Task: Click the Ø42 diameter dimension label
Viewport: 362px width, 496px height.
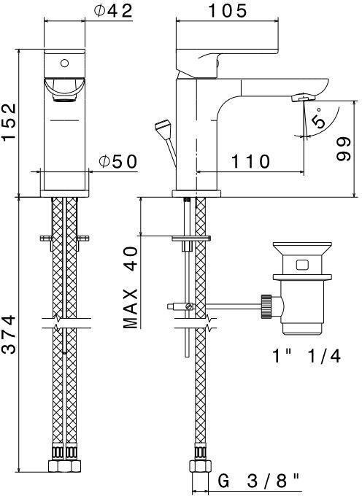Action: coord(113,11)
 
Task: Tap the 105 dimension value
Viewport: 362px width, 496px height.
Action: coord(227,11)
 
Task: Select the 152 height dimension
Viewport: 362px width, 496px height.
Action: coord(9,122)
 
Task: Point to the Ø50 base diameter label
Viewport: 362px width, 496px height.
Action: coord(118,161)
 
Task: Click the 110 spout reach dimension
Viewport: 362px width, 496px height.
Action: coord(250,161)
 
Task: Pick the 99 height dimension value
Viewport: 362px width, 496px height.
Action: coord(343,149)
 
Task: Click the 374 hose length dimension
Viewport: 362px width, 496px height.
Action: coord(9,334)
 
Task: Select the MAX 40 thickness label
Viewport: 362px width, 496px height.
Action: coord(131,287)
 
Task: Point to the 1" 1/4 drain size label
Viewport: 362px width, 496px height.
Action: coord(307,356)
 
